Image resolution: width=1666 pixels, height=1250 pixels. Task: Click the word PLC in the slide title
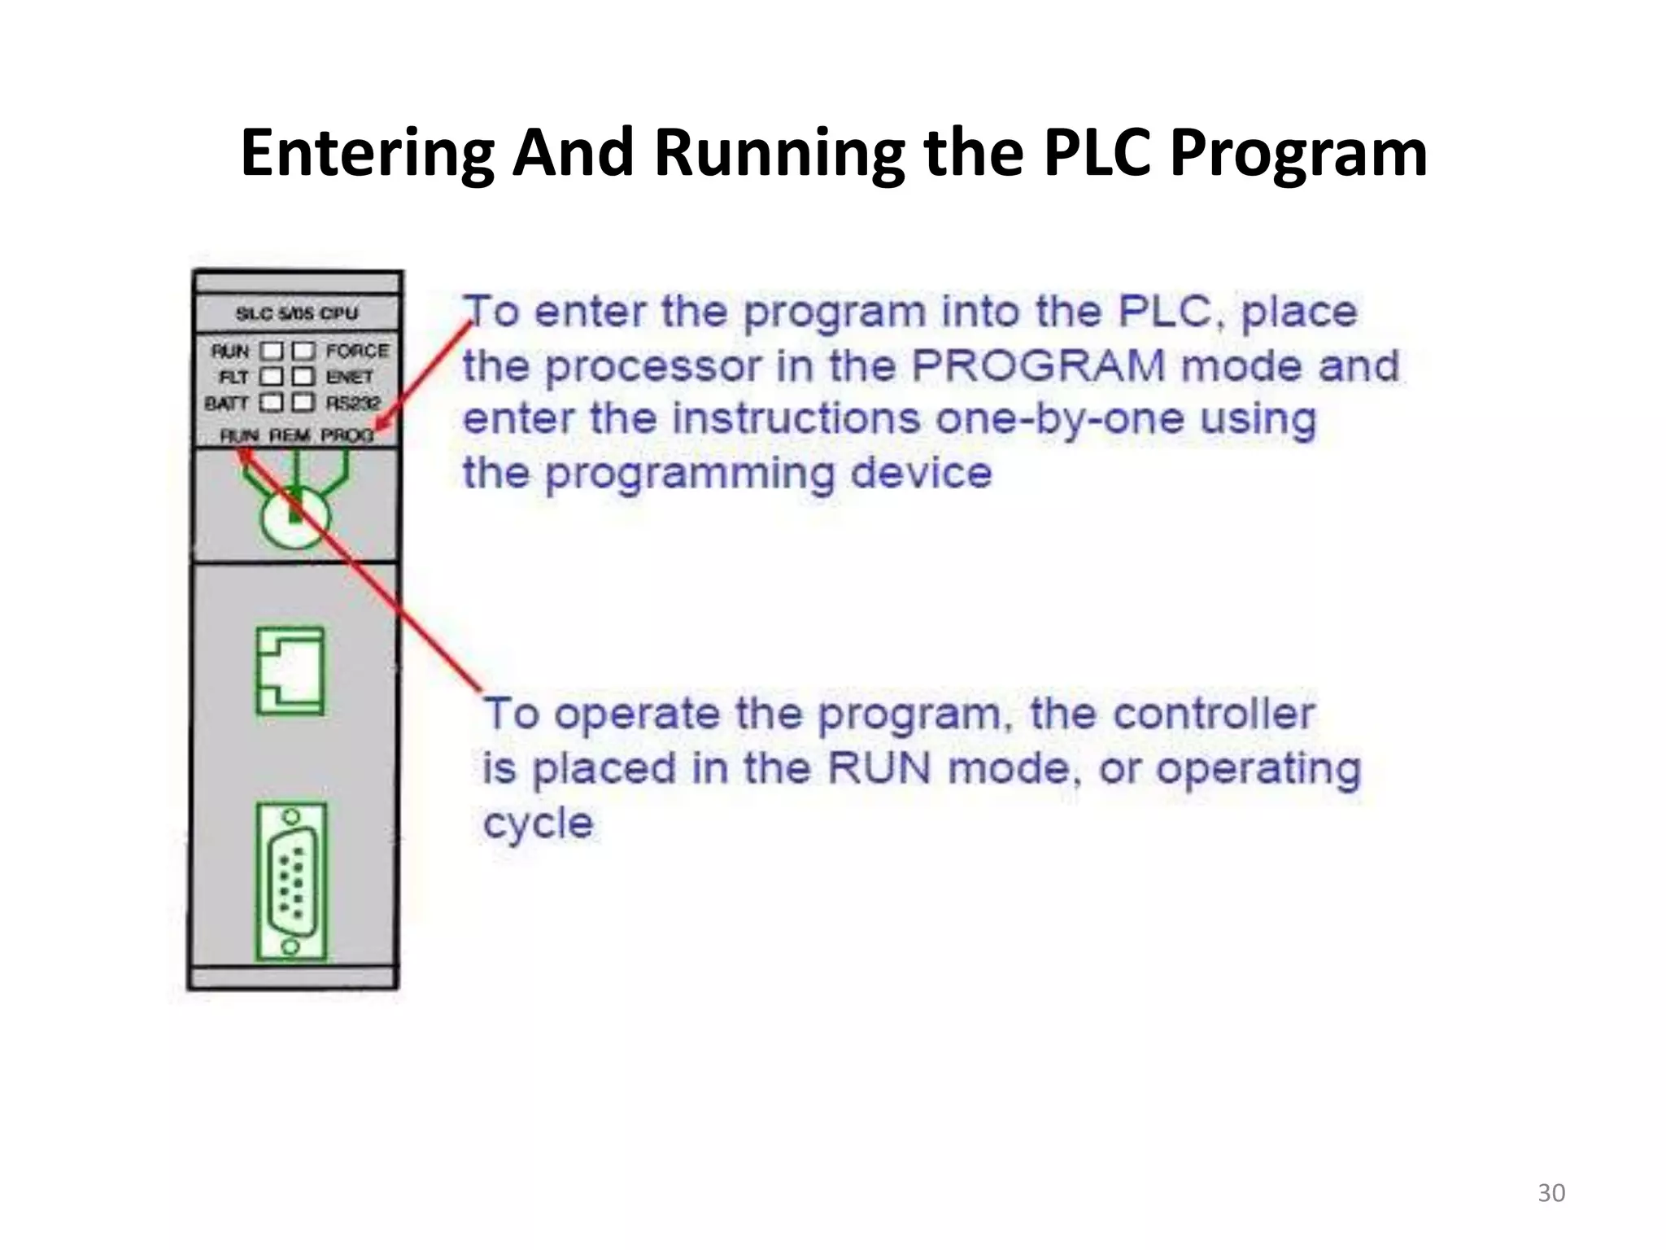point(1097,153)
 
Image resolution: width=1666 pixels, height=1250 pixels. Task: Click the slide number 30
point(1551,1193)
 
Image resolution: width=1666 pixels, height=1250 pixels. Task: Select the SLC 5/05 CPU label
point(297,313)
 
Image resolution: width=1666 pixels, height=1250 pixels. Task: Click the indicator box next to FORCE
point(303,351)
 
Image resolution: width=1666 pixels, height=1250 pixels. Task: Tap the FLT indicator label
point(233,377)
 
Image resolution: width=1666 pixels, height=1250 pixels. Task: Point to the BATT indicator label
point(227,403)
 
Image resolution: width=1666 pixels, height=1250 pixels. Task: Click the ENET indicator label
point(350,377)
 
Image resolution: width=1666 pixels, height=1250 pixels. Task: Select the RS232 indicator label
point(353,403)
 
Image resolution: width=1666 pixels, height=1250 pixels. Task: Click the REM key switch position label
point(290,436)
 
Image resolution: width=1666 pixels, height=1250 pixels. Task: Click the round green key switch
point(294,515)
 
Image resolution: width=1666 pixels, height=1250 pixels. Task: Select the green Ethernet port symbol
point(290,671)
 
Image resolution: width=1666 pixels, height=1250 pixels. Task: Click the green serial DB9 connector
point(291,881)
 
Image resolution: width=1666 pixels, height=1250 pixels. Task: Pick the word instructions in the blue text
point(797,419)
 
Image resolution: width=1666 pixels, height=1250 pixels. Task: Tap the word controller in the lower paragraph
point(1213,715)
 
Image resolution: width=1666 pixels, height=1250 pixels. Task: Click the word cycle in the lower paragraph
point(538,824)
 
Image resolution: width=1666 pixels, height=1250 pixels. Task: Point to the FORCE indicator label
point(357,351)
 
